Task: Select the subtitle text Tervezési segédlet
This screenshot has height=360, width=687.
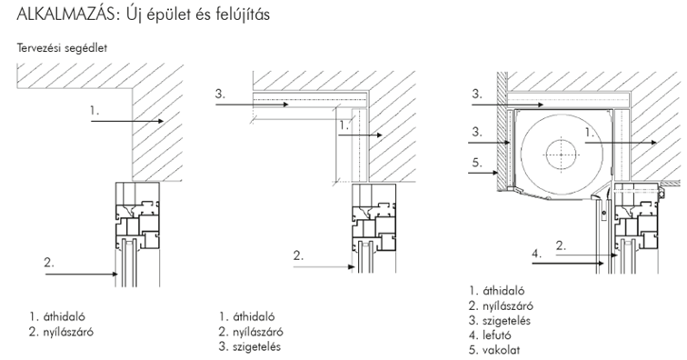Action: [x=62, y=48]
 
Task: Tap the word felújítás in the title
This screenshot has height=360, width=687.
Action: [x=243, y=15]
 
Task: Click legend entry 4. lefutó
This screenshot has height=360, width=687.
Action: [x=490, y=335]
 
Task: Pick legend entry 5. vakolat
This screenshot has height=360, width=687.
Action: [x=494, y=350]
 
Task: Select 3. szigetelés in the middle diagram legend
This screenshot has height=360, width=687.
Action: [x=250, y=347]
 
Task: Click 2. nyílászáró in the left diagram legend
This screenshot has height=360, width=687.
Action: [x=61, y=332]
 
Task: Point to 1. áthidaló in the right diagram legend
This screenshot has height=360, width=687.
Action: [x=496, y=291]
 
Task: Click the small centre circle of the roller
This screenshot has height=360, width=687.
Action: [x=561, y=155]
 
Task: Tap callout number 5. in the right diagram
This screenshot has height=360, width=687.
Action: [x=477, y=163]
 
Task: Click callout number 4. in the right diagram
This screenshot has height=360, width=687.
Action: [x=537, y=254]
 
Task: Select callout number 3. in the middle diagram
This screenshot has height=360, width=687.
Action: [x=220, y=94]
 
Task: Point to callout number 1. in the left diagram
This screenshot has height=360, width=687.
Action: [x=95, y=111]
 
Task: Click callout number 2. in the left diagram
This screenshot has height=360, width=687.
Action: [x=49, y=263]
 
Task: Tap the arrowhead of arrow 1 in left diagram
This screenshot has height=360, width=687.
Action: [x=161, y=121]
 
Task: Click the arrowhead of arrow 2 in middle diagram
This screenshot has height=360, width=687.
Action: [x=351, y=266]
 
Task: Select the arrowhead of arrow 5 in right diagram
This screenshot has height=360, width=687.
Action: [x=495, y=173]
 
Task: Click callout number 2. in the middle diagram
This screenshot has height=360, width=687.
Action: [x=298, y=255]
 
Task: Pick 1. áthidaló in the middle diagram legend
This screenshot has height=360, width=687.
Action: [x=246, y=316]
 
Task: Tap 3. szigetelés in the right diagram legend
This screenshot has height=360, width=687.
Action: [x=500, y=321]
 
